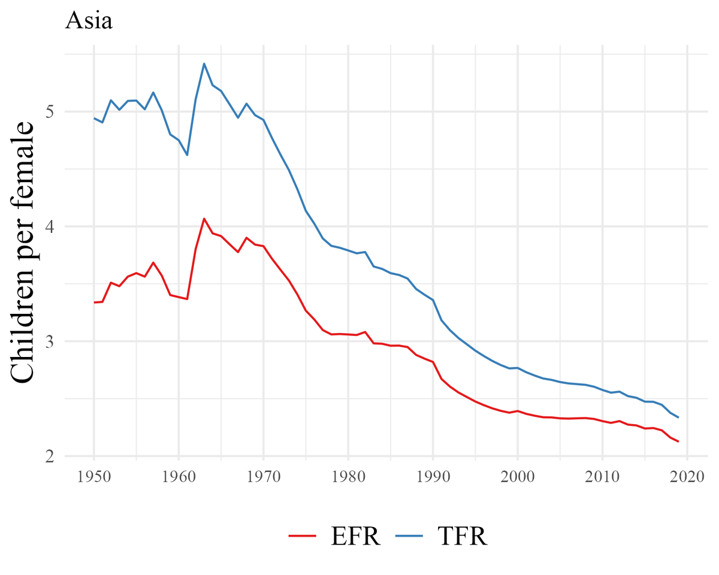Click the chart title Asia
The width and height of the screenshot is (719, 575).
click(89, 21)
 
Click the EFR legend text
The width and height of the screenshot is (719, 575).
click(355, 536)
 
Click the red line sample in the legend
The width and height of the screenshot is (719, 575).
click(303, 536)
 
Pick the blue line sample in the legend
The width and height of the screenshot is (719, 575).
click(410, 536)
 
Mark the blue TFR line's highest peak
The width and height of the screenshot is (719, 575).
click(204, 63)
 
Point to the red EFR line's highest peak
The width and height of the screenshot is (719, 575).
click(204, 219)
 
